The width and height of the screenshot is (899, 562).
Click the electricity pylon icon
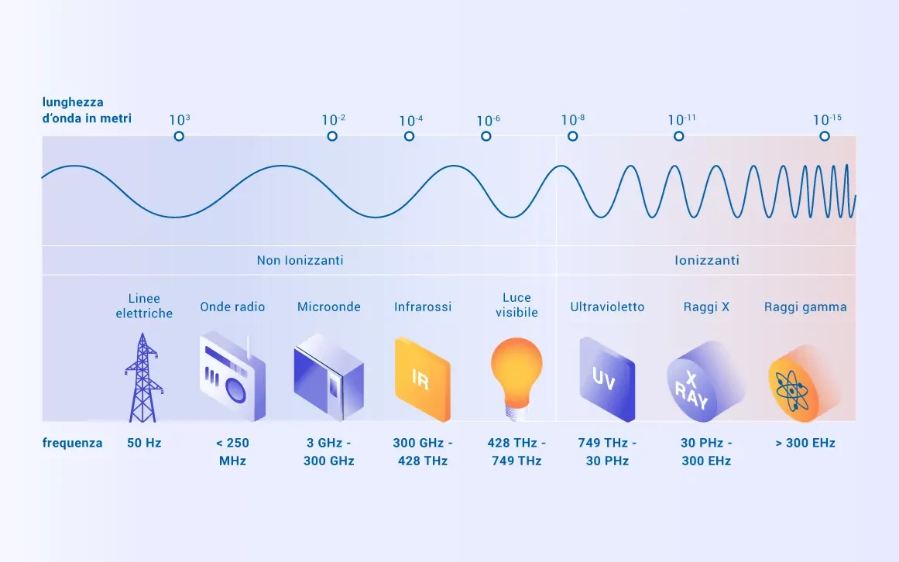pos(143,378)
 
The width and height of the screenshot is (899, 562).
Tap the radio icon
pos(232,376)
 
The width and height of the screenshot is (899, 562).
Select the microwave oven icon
pos(328,377)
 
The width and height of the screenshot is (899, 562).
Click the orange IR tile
pos(423,379)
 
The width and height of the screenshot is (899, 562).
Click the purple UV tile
pos(607,379)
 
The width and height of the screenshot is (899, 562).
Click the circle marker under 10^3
pos(179,136)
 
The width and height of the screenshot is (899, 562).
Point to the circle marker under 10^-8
pos(572,136)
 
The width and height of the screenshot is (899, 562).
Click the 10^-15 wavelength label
pos(827,120)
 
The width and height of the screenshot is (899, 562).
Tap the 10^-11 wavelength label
pos(681,120)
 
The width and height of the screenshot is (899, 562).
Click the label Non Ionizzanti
pos(300,260)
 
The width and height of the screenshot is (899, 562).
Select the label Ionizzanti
pos(707,260)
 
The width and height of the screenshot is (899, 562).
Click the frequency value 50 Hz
pos(144,443)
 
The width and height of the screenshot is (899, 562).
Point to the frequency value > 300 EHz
pos(805,443)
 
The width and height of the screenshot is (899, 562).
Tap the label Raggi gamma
pos(805,307)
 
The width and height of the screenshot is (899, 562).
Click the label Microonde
pos(328,307)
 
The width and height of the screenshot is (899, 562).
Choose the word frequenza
pos(72,443)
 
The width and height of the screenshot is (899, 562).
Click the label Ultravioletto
pos(607,307)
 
